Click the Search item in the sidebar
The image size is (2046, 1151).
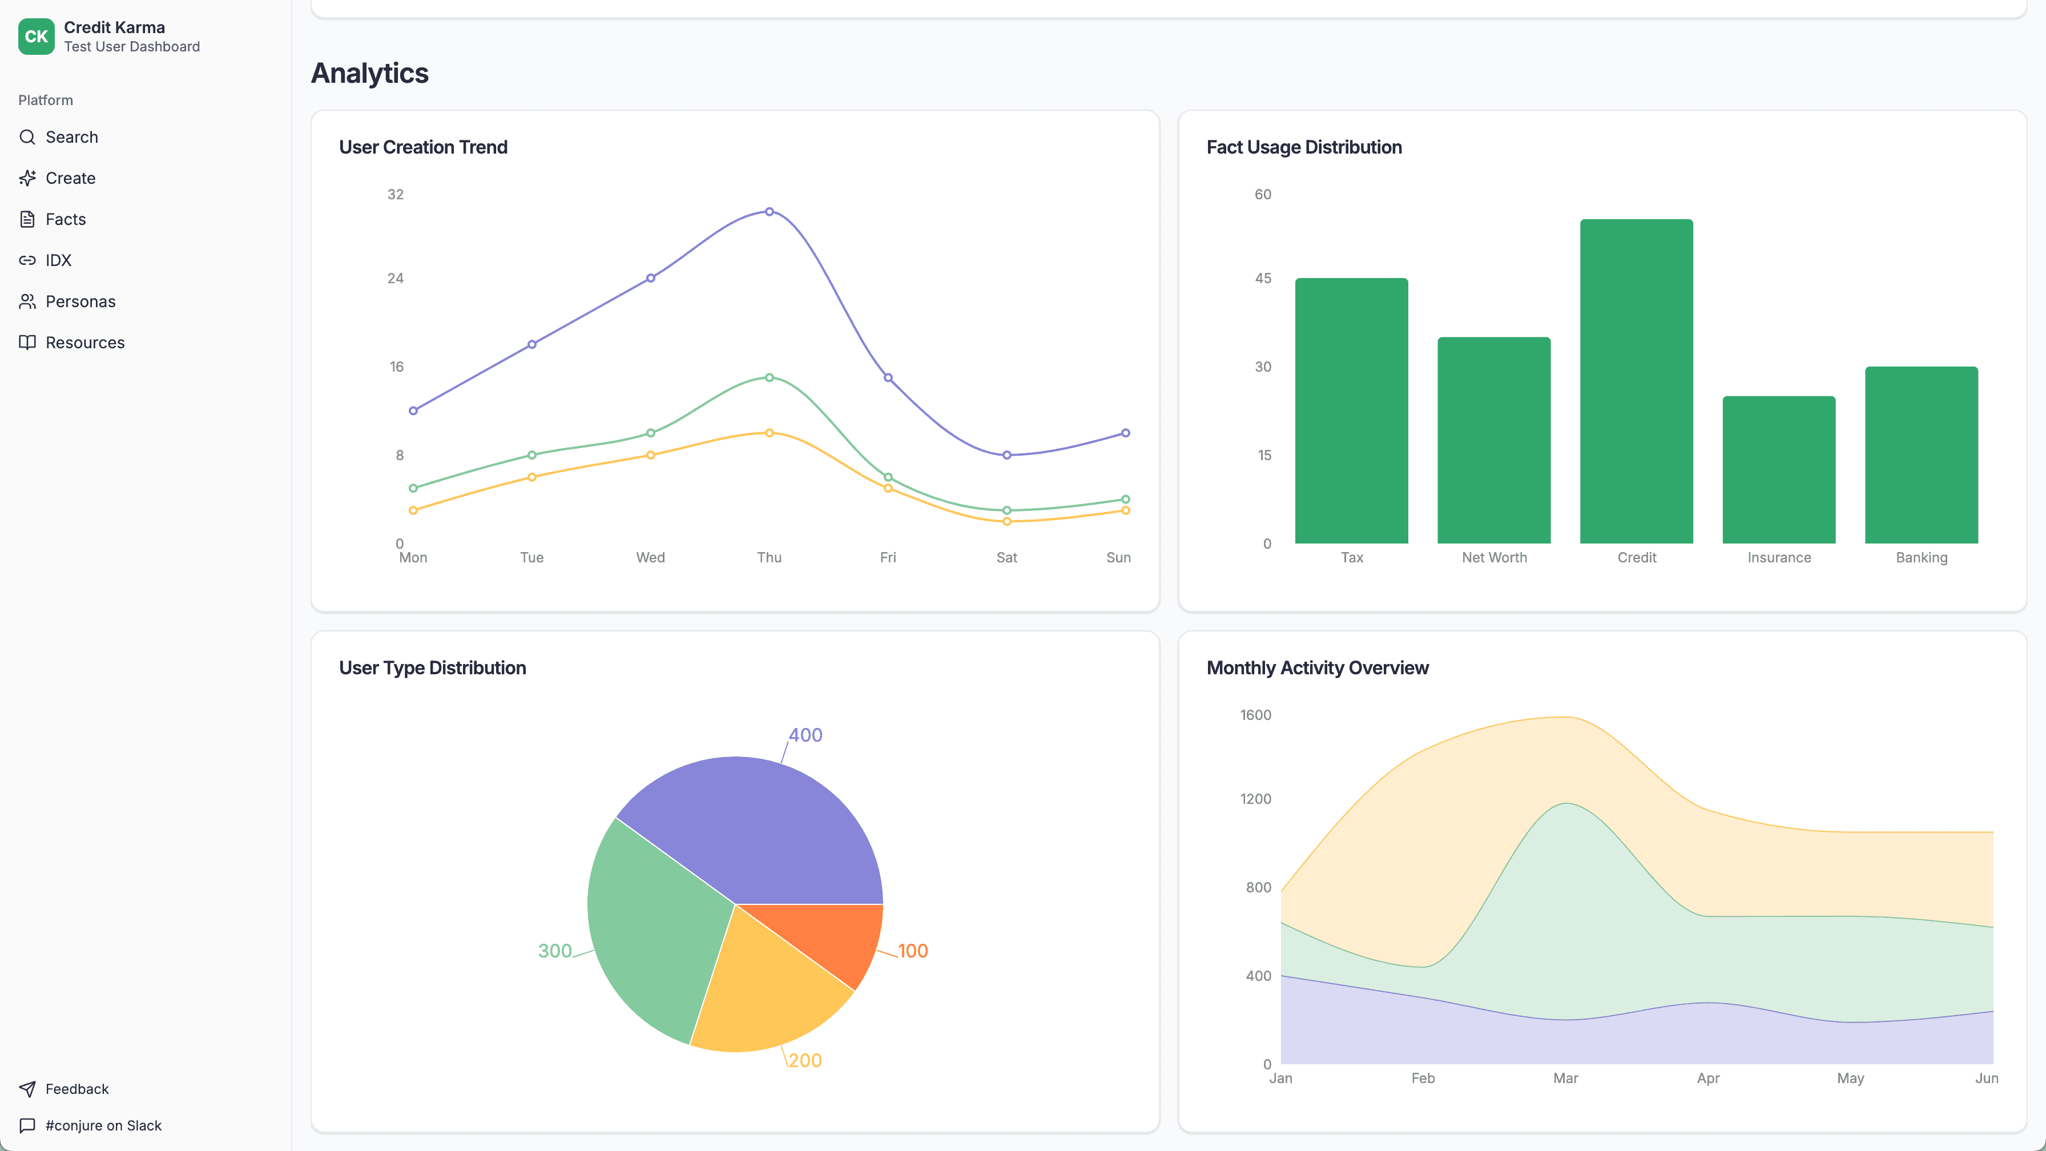71,138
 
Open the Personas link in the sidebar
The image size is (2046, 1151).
80,302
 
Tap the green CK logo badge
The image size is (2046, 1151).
36,37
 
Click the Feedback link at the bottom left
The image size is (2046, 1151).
76,1089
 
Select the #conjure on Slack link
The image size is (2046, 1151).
103,1125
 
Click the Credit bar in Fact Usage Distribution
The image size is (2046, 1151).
1636,381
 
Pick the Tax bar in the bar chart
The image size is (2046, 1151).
1351,411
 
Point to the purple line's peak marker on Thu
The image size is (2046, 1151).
769,212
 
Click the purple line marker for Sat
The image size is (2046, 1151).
1006,455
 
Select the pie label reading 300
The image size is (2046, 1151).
554,951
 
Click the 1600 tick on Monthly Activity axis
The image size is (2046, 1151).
1255,715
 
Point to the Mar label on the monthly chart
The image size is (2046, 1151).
1565,1078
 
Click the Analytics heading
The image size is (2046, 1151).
369,73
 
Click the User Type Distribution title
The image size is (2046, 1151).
432,668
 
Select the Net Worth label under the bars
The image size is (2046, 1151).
1494,558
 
